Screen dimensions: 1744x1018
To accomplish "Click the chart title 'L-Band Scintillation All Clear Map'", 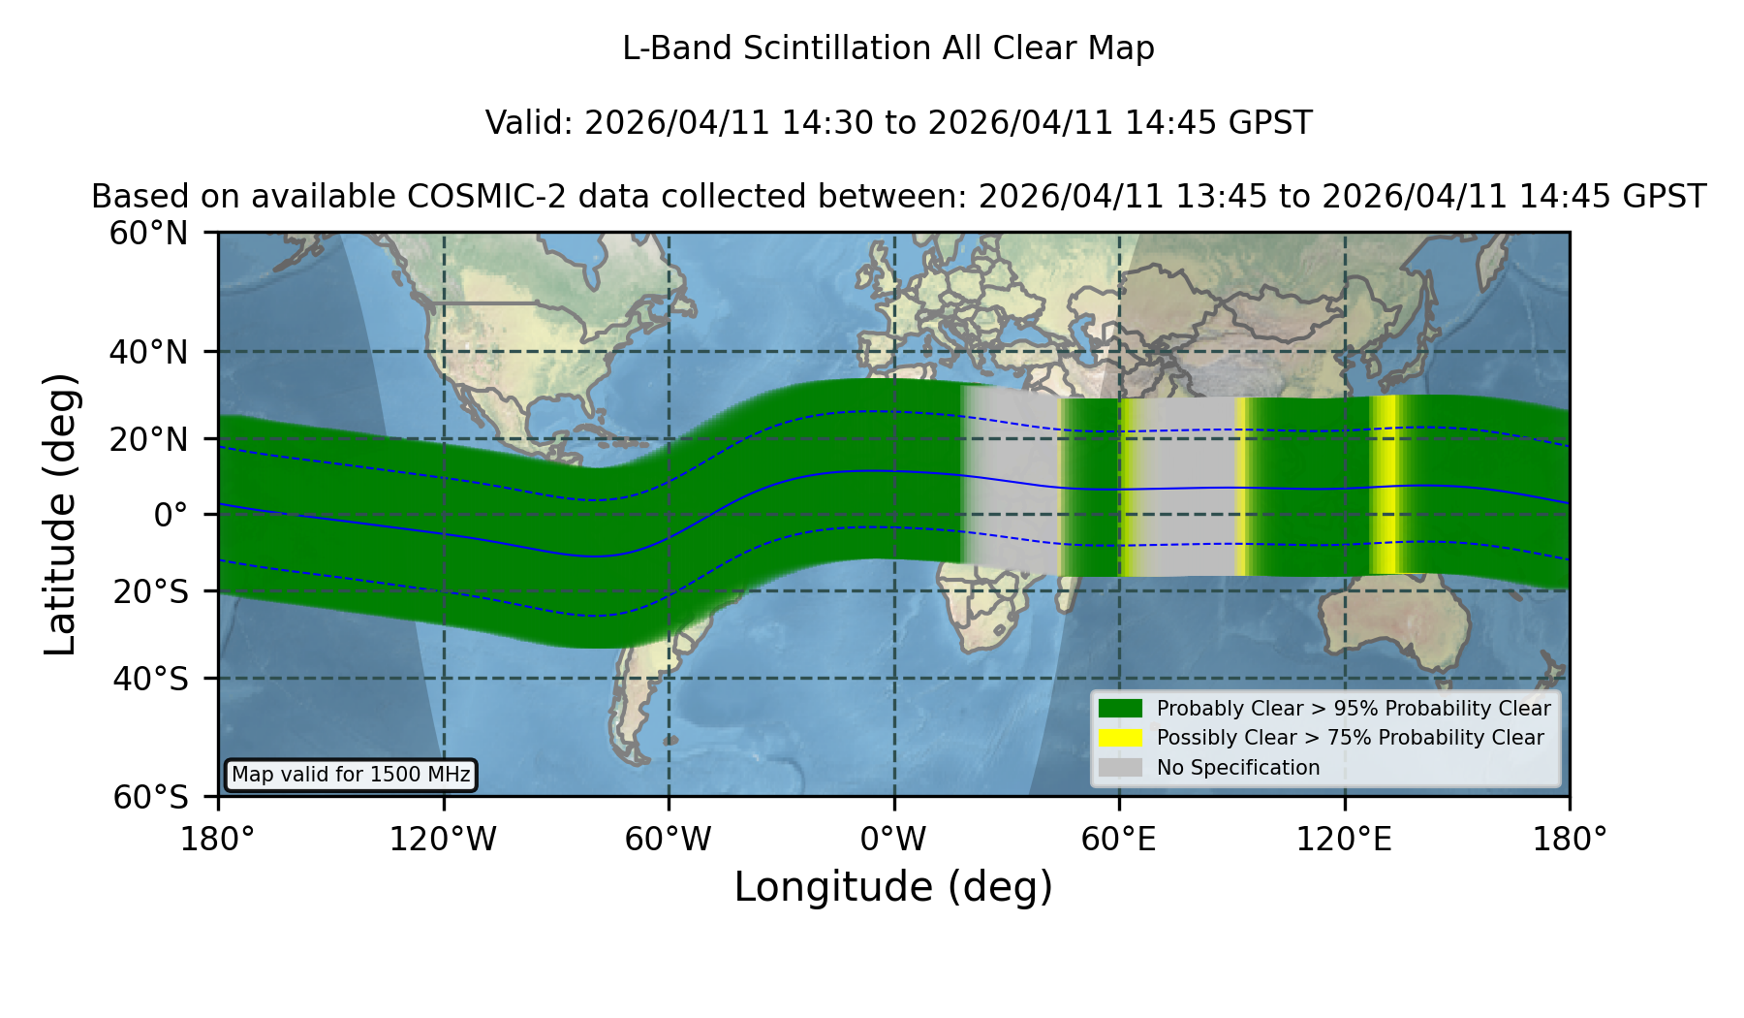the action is pos(888,48).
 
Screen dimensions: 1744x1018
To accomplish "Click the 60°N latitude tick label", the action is pos(148,234).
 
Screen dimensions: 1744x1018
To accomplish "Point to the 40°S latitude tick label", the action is pos(150,679).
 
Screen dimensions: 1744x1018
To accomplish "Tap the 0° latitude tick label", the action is pos(171,515).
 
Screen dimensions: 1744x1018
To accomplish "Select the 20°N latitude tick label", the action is pos(148,439).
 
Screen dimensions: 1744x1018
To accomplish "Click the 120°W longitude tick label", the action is pos(443,840).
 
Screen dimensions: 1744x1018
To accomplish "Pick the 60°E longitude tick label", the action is pos(1119,840).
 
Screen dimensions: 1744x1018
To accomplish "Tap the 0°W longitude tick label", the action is pos(893,840).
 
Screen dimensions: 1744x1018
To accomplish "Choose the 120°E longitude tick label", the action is pos(1344,840).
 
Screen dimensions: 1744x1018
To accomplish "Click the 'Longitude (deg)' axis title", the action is pos(893,887).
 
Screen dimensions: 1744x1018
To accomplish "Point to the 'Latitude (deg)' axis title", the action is pos(60,514).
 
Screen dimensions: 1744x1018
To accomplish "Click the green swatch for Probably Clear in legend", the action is pos(1120,709).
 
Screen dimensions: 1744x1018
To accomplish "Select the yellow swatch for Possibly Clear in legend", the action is pos(1120,738).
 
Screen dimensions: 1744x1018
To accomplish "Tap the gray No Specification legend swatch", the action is pos(1120,768).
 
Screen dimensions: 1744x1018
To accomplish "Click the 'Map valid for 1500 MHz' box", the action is pos(351,775).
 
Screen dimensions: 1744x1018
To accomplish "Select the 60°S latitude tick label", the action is pos(150,798).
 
